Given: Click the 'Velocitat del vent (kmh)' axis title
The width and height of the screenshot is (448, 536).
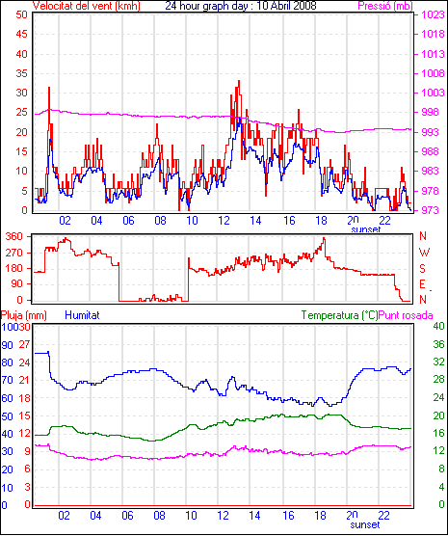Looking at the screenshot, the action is tap(86, 6).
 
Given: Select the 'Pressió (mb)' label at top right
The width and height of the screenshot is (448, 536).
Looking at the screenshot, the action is tap(385, 6).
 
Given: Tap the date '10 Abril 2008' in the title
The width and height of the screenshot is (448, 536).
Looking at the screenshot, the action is tap(286, 6).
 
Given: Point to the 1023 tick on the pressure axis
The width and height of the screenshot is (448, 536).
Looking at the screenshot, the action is tap(433, 15).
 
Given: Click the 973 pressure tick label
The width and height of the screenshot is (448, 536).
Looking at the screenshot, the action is tap(433, 210).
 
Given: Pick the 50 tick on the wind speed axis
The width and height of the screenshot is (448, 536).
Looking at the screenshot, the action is tap(21, 14).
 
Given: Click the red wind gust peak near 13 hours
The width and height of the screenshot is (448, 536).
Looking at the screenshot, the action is tap(239, 81).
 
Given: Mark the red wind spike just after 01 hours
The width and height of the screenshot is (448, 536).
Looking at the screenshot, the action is tap(49, 88).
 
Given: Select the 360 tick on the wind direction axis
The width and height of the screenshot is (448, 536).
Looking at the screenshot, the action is tap(14, 236).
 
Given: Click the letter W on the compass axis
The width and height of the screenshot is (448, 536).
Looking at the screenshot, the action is tap(424, 253).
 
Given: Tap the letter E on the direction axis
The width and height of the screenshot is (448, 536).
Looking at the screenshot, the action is tap(422, 284).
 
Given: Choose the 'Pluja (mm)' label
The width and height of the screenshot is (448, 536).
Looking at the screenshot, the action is tap(23, 315).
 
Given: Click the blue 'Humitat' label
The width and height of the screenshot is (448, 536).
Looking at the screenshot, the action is tap(82, 315).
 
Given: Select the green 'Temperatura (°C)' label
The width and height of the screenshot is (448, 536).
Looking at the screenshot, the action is tap(340, 315).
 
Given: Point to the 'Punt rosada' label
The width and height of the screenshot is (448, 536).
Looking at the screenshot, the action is tap(406, 315).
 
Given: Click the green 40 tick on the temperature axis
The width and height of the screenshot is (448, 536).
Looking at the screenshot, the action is tap(438, 327).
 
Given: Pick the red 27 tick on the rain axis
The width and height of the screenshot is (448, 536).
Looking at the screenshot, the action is tap(24, 344).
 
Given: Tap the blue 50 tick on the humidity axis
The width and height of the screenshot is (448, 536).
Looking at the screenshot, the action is tap(7, 416).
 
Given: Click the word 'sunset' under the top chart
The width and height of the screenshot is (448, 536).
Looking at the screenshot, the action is tap(366, 229).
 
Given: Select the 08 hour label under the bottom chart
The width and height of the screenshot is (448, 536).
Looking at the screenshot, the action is tap(159, 515).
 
